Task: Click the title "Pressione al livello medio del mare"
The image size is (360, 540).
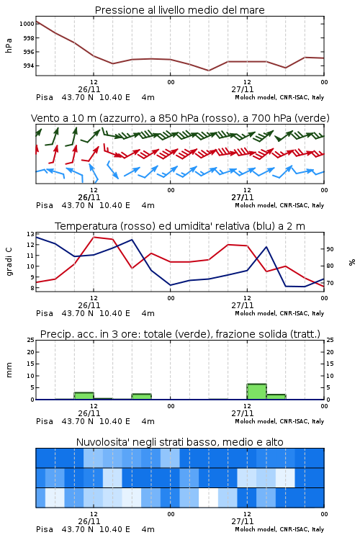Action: (179, 10)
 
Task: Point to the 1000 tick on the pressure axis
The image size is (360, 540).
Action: (27, 24)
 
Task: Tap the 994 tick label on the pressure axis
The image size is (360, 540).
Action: (29, 66)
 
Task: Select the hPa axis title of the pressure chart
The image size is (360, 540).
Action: (9, 45)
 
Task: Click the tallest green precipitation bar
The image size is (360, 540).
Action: (256, 392)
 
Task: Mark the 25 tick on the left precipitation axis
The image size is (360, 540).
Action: (31, 340)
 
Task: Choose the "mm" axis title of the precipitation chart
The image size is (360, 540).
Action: (9, 369)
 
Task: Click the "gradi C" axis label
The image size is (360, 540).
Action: (9, 261)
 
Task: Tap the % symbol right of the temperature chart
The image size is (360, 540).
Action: (352, 262)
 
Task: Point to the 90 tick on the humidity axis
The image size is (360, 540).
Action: (330, 249)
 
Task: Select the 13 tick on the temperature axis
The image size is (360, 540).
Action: (31, 234)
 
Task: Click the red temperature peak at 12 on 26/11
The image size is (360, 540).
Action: (94, 237)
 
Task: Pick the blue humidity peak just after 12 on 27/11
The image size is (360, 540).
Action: (266, 246)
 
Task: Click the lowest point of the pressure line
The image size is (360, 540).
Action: (209, 71)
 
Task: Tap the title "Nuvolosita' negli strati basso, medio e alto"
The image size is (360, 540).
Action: (179, 442)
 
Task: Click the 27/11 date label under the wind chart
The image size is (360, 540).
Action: (243, 197)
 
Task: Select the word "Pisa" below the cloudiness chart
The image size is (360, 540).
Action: (45, 529)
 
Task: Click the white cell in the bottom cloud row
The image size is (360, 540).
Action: (208, 498)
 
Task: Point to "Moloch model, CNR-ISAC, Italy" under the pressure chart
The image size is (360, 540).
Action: (279, 97)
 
